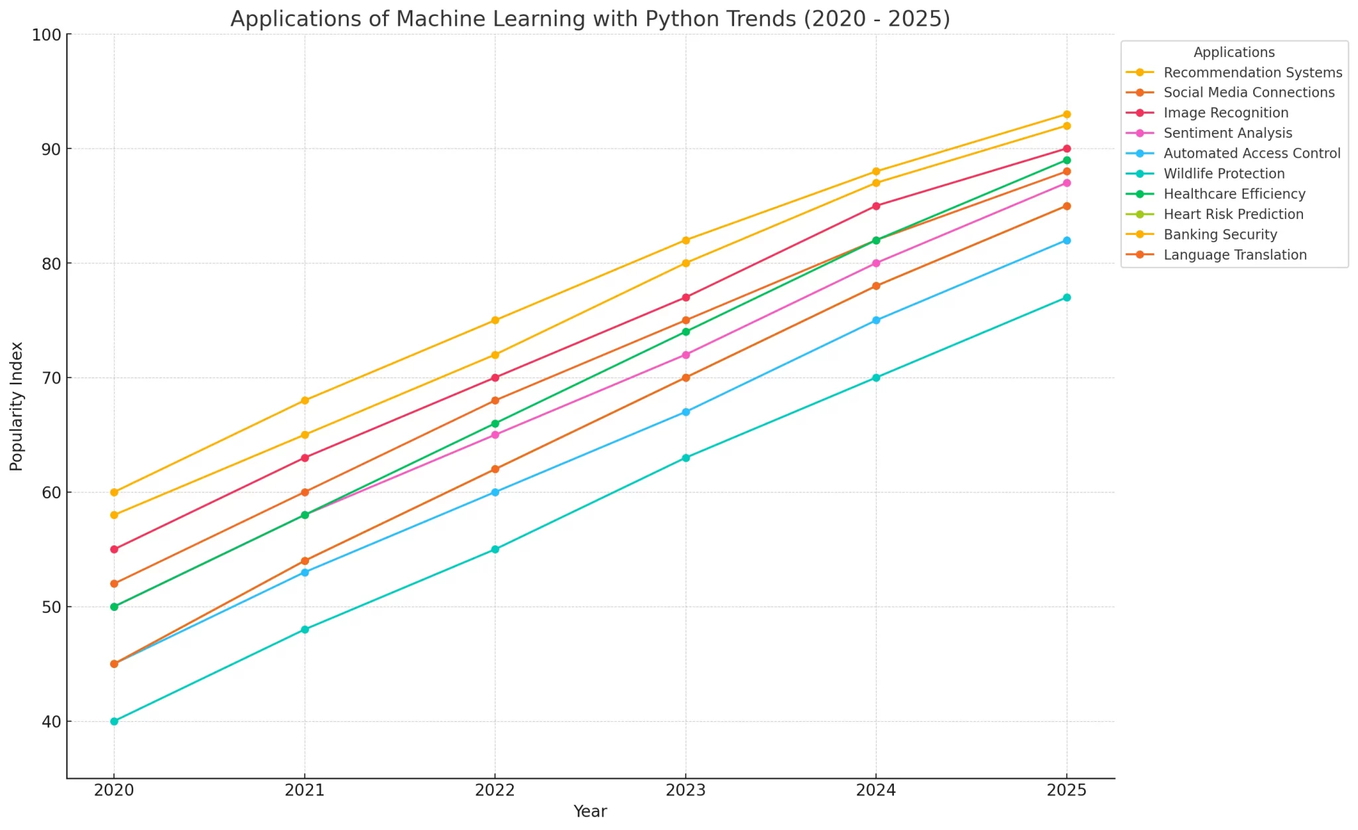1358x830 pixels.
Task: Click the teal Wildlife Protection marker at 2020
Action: [114, 721]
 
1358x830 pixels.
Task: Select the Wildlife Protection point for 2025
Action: [1066, 297]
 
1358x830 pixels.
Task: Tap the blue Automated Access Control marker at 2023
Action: [686, 412]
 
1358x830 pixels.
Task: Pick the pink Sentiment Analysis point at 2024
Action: [876, 263]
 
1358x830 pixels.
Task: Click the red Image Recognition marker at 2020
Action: [114, 549]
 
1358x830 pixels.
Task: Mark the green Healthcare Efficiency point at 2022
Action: [495, 423]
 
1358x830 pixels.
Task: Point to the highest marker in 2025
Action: [1066, 114]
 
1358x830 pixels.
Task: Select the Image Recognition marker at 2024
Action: [876, 206]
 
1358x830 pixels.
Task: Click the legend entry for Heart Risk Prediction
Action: [1233, 214]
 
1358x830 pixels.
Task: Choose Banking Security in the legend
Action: [1220, 235]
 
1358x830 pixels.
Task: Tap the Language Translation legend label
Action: [1235, 255]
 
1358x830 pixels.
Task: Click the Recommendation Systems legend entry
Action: [1253, 73]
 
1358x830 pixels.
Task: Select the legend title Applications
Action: [1234, 52]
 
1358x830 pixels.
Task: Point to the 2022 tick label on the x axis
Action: [495, 790]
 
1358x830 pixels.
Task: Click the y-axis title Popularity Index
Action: [17, 406]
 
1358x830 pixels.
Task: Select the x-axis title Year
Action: [590, 811]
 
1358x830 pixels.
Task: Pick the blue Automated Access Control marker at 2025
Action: [1066, 240]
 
